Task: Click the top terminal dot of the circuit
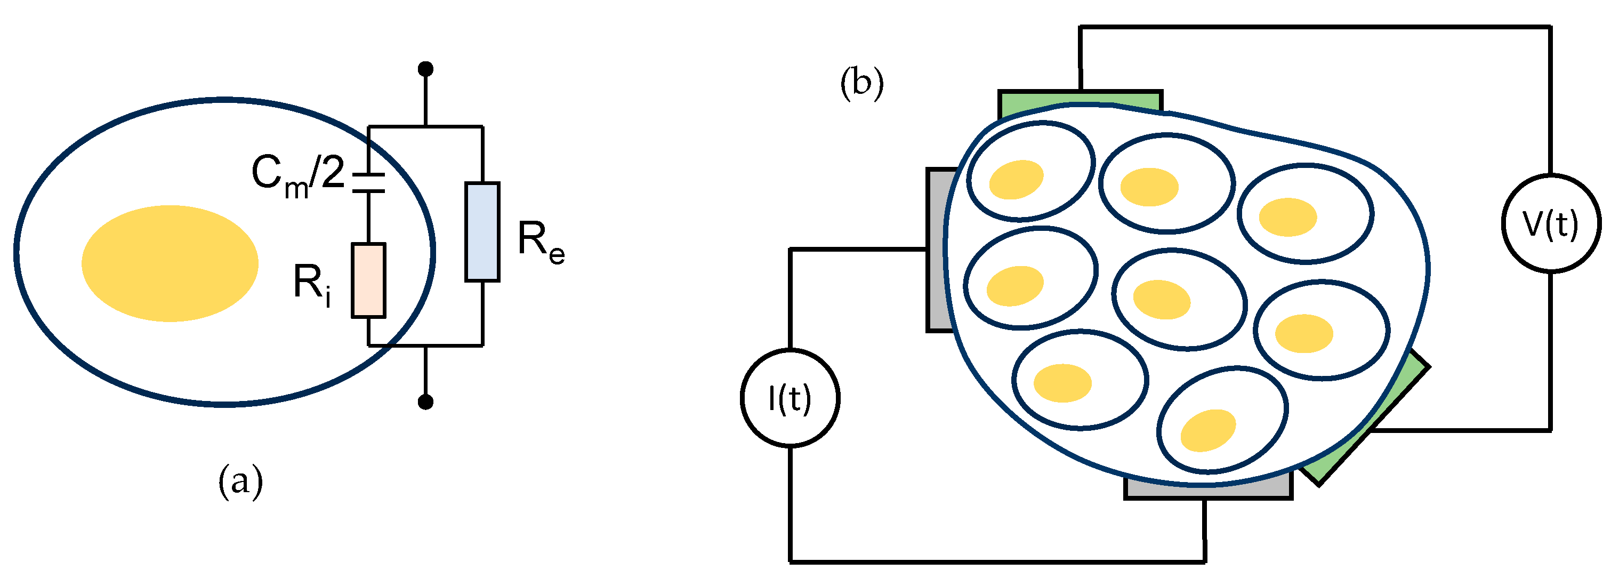tap(425, 68)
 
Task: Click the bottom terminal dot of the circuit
tap(425, 402)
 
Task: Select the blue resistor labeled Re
tap(482, 231)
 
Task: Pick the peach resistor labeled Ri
tap(368, 280)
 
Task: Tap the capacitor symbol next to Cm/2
tap(368, 181)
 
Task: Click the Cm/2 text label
tap(297, 175)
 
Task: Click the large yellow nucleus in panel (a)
tap(170, 263)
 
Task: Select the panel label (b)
tap(862, 83)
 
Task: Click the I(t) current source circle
tap(790, 398)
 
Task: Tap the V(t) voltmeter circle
tap(1551, 223)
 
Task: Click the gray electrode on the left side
tap(938, 250)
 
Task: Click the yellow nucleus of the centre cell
tap(1162, 300)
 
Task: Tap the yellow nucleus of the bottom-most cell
tap(1207, 430)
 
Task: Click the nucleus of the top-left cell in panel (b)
tap(1016, 180)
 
